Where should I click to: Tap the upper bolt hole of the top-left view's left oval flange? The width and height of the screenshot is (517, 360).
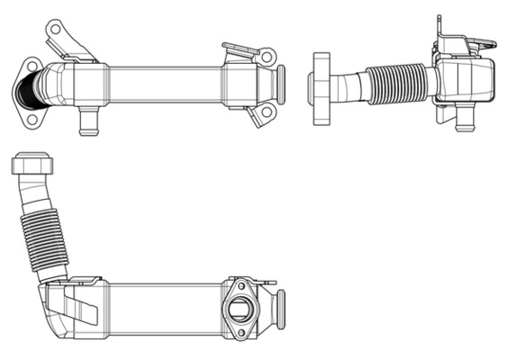pos(33,65)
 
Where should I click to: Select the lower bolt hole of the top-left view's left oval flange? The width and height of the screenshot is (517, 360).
pos(38,115)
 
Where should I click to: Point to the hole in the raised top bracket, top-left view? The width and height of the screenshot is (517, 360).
pos(56,29)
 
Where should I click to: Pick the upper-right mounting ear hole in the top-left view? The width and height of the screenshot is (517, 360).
pos(267,57)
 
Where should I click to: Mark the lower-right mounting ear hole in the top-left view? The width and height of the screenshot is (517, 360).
pos(266,112)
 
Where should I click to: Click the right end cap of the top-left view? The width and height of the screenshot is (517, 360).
pos(281,85)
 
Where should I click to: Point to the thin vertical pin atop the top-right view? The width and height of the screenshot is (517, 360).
pos(439,25)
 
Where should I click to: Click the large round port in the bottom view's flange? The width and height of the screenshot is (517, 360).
pos(241,309)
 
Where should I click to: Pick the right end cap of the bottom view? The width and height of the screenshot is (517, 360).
pos(280,309)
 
